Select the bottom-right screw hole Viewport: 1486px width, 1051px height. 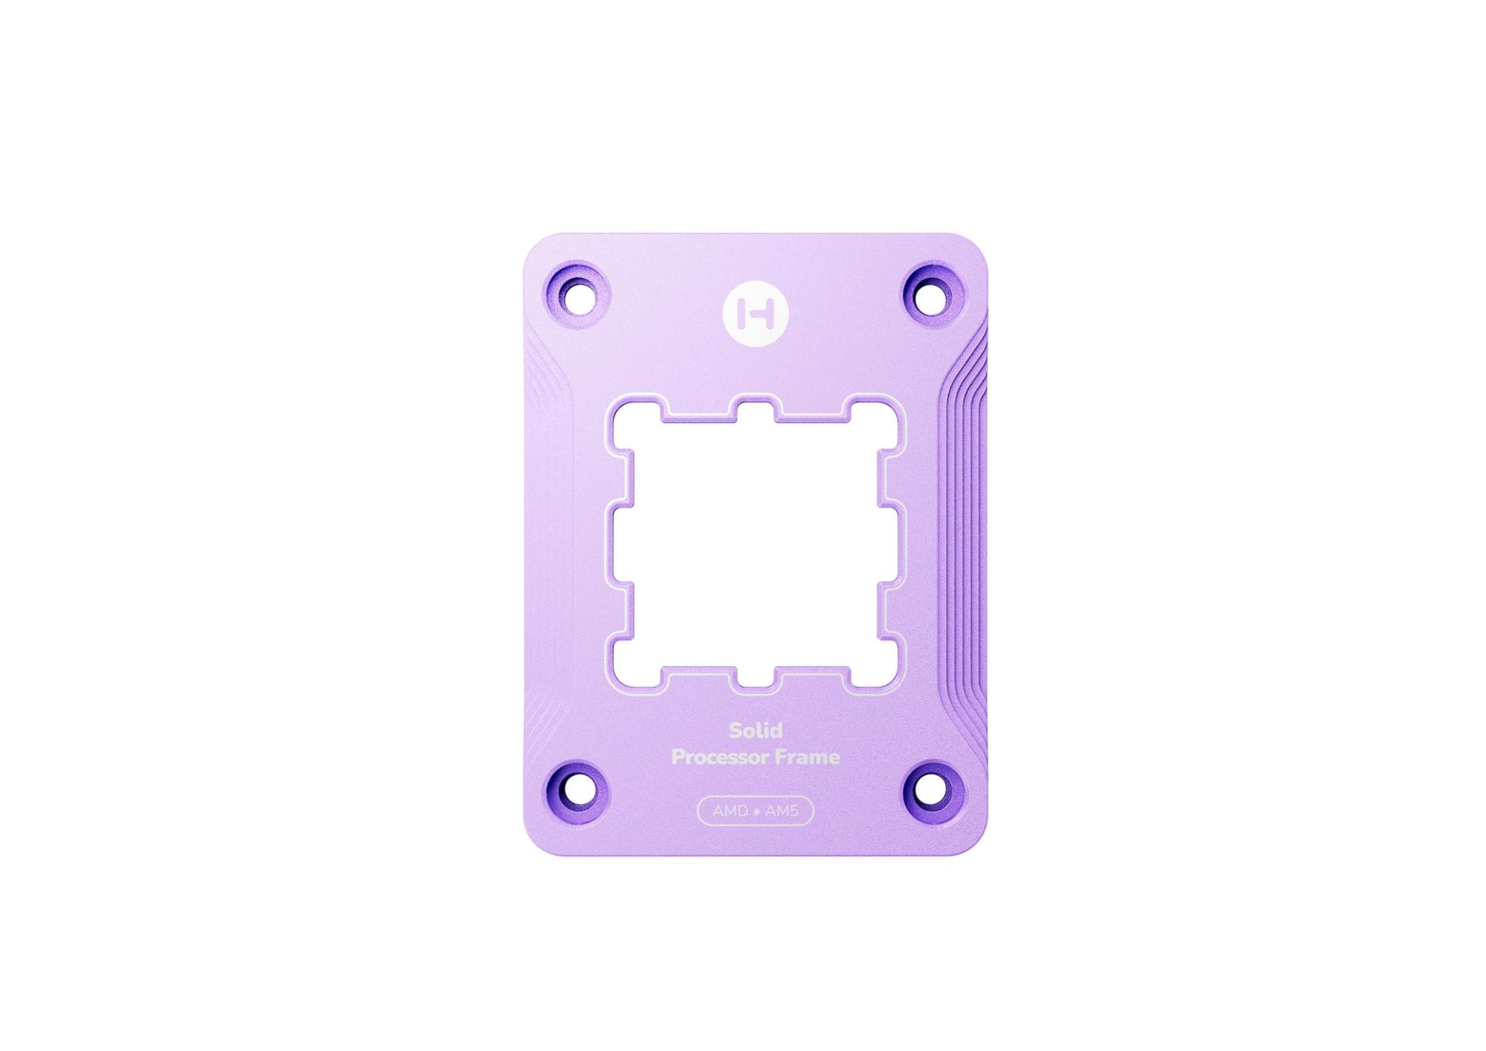click(x=933, y=791)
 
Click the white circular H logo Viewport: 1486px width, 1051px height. click(x=755, y=314)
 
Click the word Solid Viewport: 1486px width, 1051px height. click(x=755, y=730)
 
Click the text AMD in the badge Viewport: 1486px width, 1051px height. click(x=730, y=812)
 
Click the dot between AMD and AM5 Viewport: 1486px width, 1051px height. click(x=756, y=812)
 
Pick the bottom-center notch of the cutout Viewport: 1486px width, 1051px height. click(x=755, y=675)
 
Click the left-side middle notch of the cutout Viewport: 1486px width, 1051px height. click(x=621, y=543)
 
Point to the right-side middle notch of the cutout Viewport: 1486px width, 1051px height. click(x=890, y=543)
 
